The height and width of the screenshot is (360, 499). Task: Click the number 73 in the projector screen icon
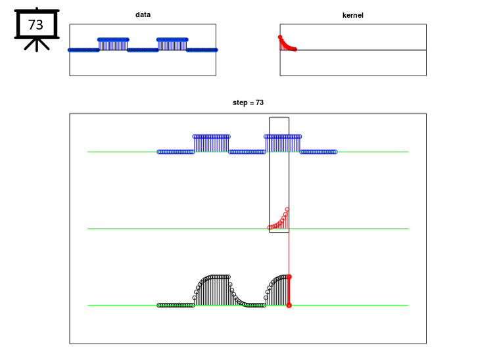point(36,25)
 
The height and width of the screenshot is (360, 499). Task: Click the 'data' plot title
point(143,14)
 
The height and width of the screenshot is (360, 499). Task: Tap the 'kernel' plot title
point(352,15)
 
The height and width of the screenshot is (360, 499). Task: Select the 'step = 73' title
point(248,102)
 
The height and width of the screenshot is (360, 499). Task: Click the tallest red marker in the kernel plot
point(280,37)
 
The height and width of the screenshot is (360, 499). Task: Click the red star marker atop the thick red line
point(289,277)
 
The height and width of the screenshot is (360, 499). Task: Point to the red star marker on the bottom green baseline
point(289,305)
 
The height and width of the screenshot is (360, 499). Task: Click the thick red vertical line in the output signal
point(289,291)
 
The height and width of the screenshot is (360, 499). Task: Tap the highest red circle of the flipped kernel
point(287,210)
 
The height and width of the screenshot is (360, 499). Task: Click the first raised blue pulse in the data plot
point(113,45)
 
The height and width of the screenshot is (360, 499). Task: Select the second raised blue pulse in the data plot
point(172,45)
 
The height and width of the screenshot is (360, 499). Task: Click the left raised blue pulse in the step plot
point(211,144)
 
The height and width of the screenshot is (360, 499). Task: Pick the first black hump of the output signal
point(212,290)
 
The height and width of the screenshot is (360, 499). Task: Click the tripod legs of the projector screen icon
point(37,45)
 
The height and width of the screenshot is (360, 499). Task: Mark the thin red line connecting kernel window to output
point(289,254)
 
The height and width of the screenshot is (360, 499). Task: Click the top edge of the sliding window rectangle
point(279,118)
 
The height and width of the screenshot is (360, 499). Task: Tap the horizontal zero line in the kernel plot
point(353,50)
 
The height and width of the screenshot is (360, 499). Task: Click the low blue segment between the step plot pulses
point(247,152)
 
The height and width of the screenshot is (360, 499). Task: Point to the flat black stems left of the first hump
point(176,305)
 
